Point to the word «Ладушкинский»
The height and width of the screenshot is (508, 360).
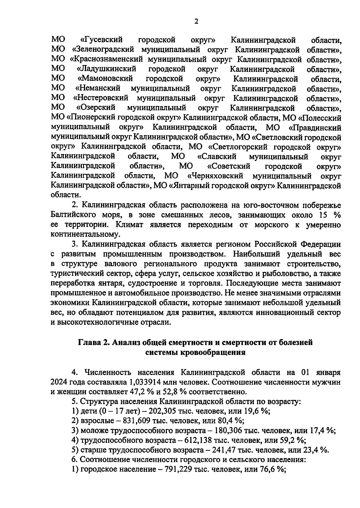[x=106, y=69]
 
